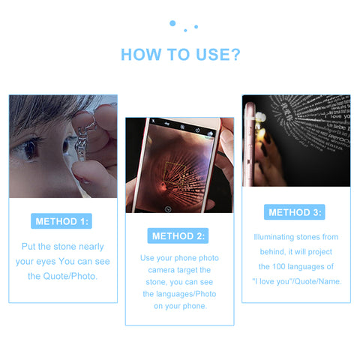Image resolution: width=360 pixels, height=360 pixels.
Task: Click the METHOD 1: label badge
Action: (61, 221)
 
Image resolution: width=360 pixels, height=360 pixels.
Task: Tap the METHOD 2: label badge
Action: (178, 235)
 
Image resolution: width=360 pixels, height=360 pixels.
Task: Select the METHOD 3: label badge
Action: (295, 212)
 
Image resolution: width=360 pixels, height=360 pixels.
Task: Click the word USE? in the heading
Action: (218, 55)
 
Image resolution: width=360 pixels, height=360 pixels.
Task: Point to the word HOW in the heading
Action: (141, 55)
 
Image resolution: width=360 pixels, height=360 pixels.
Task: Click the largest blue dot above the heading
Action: (172, 23)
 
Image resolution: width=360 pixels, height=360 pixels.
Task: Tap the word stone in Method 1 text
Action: (64, 247)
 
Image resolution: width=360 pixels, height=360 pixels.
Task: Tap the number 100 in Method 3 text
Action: (279, 266)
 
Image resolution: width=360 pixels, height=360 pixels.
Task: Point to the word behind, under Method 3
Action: (272, 251)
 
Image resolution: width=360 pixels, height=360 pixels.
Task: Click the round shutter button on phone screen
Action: (168, 209)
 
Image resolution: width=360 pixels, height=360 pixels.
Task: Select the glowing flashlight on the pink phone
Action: (261, 117)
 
